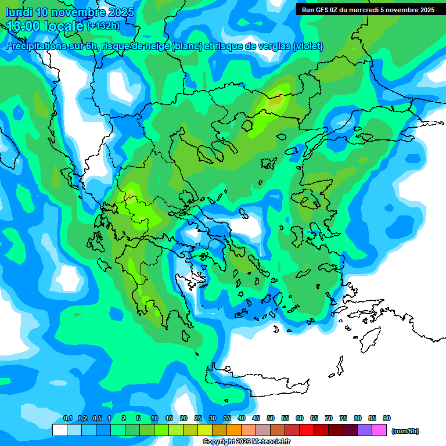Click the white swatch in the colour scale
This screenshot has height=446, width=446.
[59, 430]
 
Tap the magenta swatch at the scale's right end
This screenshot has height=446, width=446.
[379, 430]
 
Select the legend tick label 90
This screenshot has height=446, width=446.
[387, 419]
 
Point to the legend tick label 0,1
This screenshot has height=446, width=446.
[67, 419]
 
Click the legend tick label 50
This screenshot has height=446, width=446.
[271, 419]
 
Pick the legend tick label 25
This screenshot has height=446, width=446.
[198, 419]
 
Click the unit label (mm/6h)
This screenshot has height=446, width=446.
[405, 431]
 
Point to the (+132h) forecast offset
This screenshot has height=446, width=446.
[103, 26]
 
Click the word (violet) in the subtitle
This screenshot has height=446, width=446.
[308, 46]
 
